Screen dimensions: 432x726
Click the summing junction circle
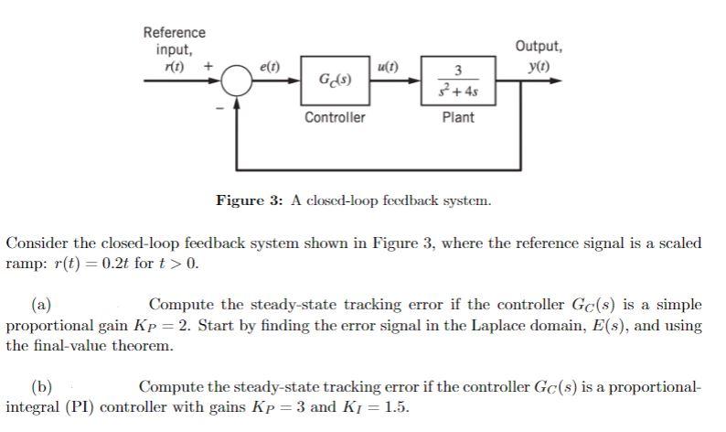click(239, 81)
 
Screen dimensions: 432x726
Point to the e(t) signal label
click(271, 66)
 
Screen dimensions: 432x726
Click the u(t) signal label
click(388, 66)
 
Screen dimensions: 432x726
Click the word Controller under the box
click(335, 117)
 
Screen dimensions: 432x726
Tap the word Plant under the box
click(457, 117)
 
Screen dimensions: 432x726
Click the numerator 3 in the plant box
click(457, 71)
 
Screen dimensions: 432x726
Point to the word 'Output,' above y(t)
click(539, 46)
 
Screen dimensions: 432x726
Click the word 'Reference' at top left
click(175, 33)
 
